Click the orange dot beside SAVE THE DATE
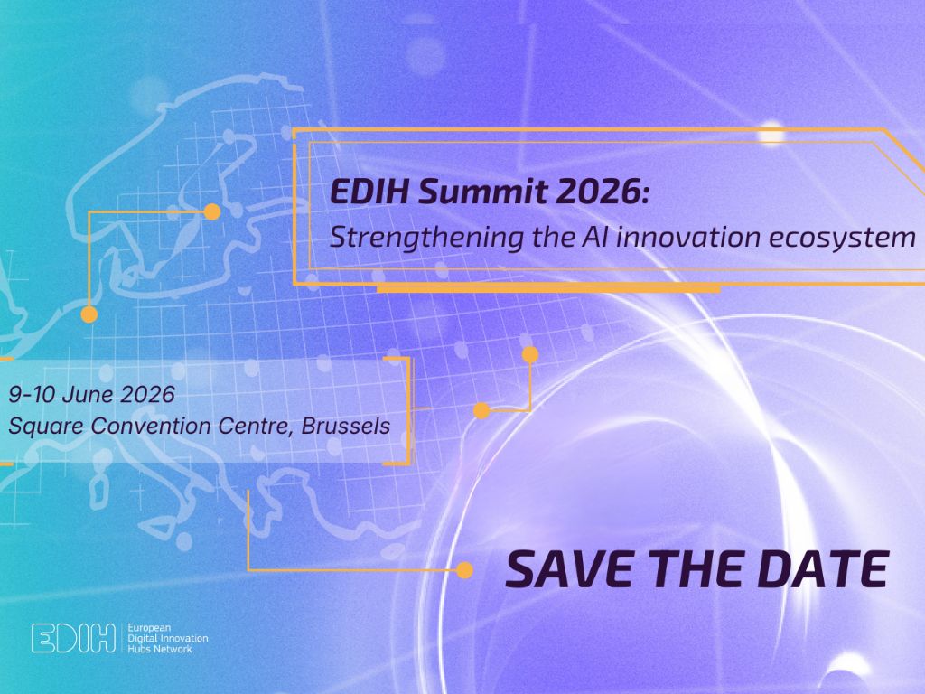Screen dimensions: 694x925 click(464, 570)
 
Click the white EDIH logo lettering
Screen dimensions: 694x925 click(73, 637)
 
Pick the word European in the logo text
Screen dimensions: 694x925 click(150, 626)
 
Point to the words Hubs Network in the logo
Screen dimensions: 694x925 click(161, 648)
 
